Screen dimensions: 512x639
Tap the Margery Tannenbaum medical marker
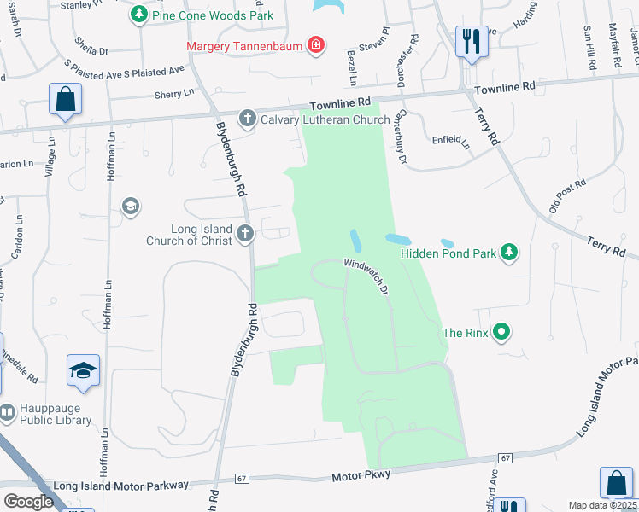(316, 44)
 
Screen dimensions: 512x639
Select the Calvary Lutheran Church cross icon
(247, 119)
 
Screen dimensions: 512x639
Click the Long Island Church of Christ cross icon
(246, 233)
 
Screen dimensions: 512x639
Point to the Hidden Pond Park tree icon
(510, 253)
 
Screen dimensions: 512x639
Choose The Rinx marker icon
(502, 332)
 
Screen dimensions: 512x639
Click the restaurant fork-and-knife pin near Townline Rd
(472, 40)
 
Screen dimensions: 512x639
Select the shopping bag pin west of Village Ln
(65, 99)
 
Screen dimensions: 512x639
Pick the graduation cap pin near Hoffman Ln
(83, 371)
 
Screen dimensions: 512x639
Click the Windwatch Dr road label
(367, 277)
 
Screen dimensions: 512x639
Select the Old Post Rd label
(567, 195)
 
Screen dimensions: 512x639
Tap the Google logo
(28, 501)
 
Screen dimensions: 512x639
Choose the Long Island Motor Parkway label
(120, 485)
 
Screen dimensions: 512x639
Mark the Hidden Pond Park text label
(449, 253)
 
